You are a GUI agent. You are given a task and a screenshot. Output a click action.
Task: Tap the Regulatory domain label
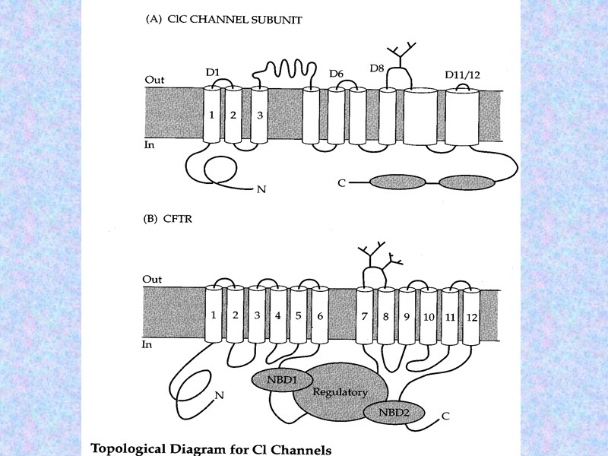[x=340, y=393]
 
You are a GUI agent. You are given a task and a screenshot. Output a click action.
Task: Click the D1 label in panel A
[x=213, y=73]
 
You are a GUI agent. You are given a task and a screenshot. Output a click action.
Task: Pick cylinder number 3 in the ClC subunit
[x=259, y=116]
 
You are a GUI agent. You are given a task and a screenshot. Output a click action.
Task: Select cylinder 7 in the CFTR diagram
[x=366, y=315]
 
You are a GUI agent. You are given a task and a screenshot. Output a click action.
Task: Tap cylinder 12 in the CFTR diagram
[x=472, y=315]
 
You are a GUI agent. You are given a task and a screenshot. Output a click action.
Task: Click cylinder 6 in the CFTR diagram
[x=320, y=315]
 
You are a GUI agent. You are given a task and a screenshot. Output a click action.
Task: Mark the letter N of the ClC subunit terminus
[x=261, y=189]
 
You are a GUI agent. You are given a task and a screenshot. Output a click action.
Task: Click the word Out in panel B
[x=152, y=279]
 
